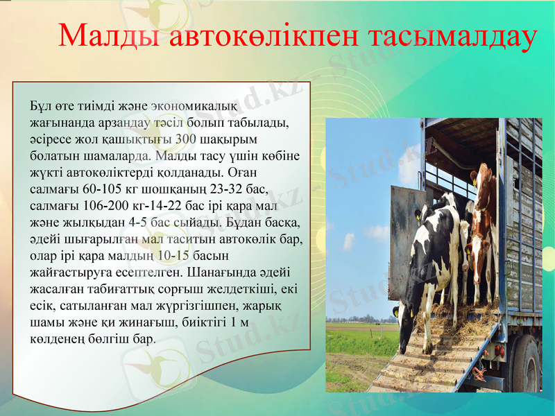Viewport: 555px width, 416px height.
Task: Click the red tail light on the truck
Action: coord(499,351)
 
